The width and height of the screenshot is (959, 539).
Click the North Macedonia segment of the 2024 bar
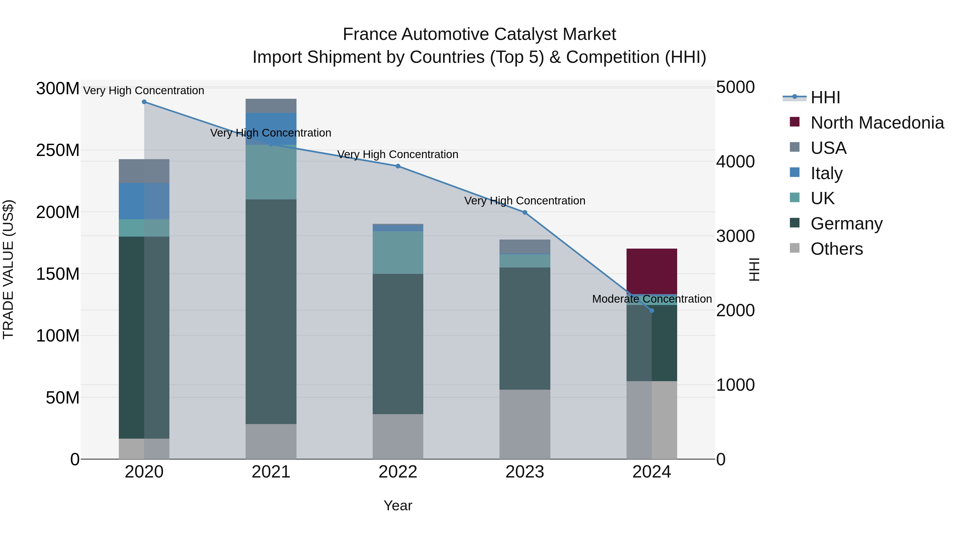point(652,271)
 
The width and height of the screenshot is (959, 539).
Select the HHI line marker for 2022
point(398,166)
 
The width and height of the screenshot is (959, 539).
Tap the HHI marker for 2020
point(144,102)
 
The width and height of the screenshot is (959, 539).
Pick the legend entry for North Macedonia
point(877,123)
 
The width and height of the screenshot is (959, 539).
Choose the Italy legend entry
point(826,173)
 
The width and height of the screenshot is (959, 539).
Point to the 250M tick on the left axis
point(58,151)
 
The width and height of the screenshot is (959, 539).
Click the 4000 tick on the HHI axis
point(735,162)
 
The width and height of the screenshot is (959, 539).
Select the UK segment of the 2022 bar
point(398,253)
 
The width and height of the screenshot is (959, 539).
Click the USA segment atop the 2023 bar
point(525,246)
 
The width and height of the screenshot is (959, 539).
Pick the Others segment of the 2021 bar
point(271,442)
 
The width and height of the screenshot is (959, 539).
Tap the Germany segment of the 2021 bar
point(271,312)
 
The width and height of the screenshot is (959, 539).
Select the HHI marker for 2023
point(525,213)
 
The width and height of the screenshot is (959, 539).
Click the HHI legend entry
point(825,97)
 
